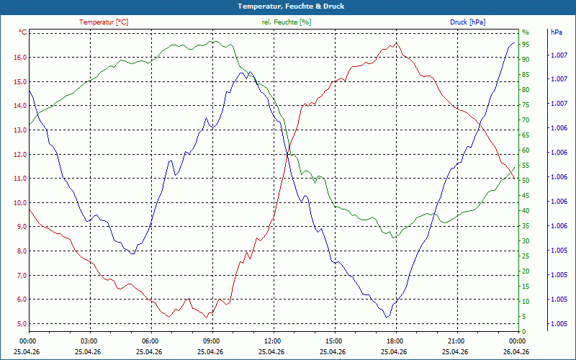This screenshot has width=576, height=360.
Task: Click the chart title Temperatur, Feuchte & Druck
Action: [291, 6]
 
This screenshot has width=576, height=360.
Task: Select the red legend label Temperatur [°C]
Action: [104, 22]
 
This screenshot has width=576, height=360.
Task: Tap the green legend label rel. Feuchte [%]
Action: [286, 22]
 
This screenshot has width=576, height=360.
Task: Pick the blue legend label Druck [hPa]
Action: [467, 22]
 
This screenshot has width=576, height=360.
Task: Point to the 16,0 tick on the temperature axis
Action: [20, 58]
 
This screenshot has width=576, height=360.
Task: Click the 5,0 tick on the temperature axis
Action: [20, 323]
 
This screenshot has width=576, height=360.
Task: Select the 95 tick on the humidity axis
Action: [526, 45]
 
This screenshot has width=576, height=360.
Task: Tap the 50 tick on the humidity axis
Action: [526, 181]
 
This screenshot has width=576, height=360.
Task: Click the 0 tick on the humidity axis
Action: [524, 332]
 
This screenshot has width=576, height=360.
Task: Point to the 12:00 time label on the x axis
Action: [273, 341]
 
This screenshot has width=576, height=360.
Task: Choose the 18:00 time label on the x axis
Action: [395, 341]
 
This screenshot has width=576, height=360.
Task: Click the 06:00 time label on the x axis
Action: [150, 341]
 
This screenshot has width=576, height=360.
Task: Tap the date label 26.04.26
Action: [516, 351]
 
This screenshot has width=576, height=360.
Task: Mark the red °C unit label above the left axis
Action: [22, 32]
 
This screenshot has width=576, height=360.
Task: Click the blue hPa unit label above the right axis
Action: [556, 32]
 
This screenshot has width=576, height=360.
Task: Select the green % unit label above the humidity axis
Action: [526, 32]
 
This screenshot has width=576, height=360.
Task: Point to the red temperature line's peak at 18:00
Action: [396, 43]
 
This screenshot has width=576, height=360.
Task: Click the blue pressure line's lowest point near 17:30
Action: [387, 317]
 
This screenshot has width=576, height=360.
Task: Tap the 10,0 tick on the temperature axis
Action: [20, 202]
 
